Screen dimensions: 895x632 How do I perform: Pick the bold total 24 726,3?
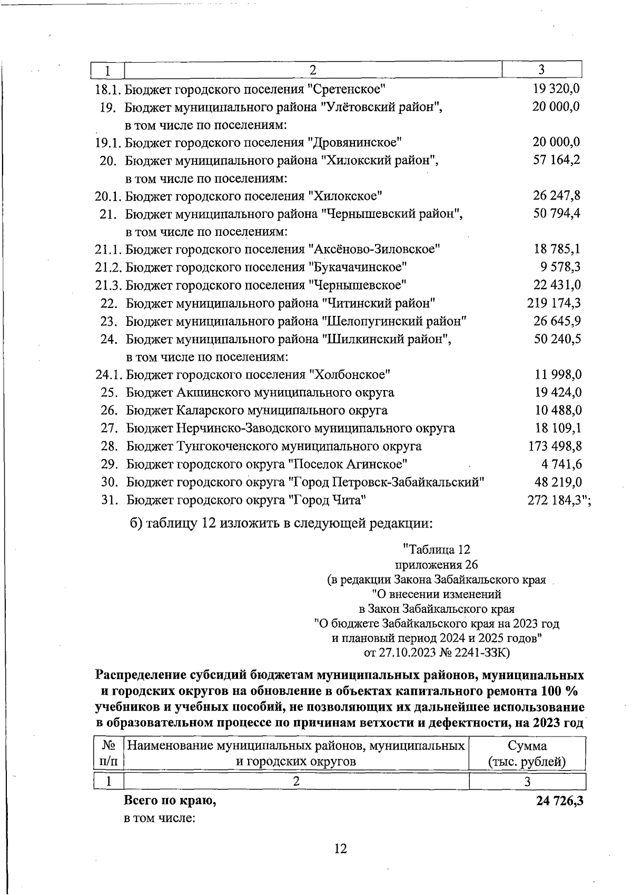[x=560, y=801]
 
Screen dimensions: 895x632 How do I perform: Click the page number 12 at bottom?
[x=340, y=848]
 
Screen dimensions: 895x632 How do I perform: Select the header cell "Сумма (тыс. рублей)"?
[x=527, y=753]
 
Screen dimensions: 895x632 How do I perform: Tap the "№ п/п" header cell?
[x=108, y=753]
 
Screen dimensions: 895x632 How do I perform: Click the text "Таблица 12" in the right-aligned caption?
[x=436, y=550]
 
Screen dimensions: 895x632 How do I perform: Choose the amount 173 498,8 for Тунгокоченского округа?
[x=555, y=446]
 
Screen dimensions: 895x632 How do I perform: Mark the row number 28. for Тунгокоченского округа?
[x=109, y=446]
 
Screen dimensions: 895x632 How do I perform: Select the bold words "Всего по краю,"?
[x=170, y=801]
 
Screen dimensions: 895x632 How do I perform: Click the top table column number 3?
[x=541, y=69]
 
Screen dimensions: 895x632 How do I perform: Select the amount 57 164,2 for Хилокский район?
[x=557, y=160]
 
